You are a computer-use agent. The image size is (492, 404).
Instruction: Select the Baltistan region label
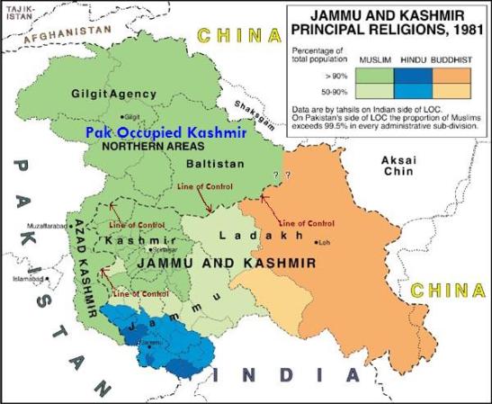[210, 166]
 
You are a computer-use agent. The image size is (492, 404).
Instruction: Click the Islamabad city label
[28, 279]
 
